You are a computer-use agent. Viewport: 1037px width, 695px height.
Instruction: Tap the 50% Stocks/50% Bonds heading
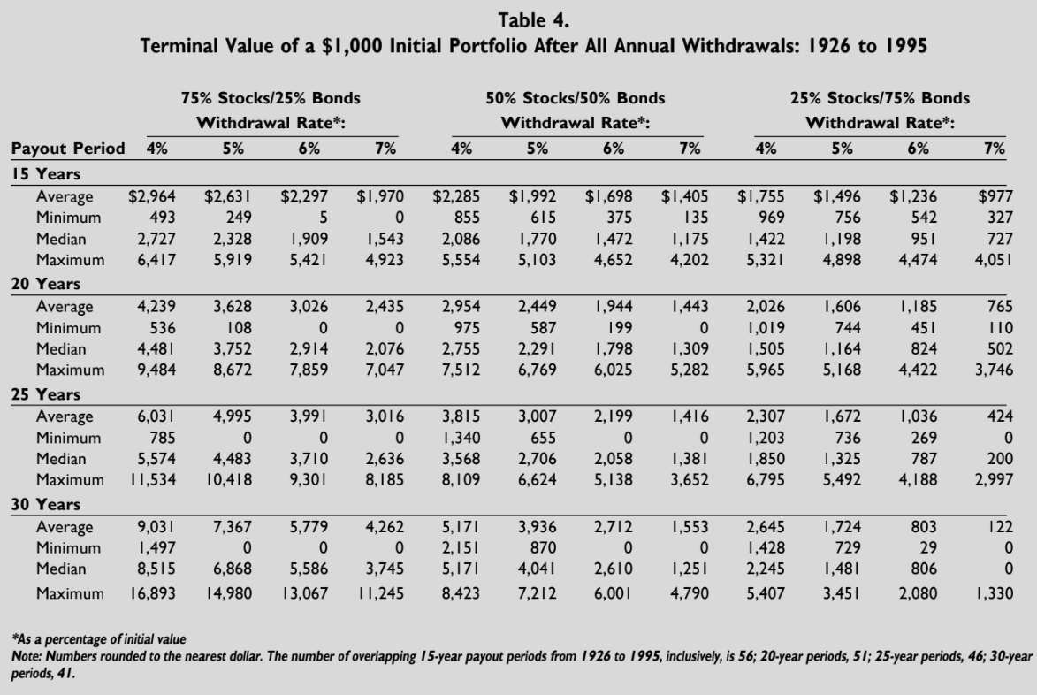[x=576, y=98]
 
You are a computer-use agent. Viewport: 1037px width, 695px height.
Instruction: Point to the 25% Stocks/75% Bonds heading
[x=880, y=98]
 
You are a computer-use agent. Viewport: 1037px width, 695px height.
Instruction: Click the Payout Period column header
[x=67, y=149]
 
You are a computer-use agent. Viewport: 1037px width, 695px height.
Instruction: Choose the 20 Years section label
[x=45, y=284]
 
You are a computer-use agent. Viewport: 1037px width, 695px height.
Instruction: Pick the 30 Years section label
[x=45, y=504]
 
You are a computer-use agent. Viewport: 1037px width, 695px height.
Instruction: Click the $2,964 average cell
[x=152, y=197]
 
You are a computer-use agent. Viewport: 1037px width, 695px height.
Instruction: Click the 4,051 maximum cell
[x=991, y=261]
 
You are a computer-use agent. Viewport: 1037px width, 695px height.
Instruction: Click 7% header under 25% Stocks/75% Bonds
[x=995, y=149]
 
